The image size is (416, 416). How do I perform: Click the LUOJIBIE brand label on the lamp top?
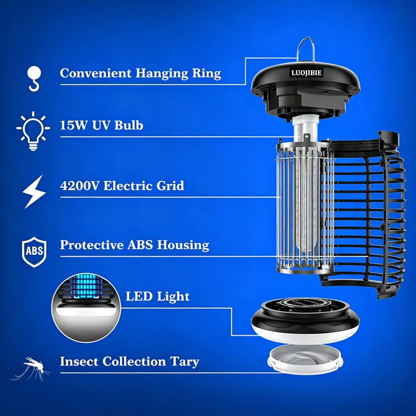pos(306,73)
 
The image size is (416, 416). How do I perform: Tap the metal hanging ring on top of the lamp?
pos(298,50)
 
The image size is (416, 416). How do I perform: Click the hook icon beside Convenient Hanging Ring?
pos(34,79)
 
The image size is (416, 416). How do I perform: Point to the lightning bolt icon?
pos(34,192)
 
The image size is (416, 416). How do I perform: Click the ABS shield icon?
pos(34,252)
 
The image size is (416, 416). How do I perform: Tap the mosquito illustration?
pos(30,368)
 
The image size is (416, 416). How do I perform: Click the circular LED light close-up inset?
pos(86,308)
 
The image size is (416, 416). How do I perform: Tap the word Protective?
pos(91,245)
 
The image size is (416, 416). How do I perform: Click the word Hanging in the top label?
pos(162,74)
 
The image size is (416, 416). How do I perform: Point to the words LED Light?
pos(158,297)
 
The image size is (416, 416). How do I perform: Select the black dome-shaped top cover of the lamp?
pos(305,90)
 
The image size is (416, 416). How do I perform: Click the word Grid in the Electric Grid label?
pos(170,186)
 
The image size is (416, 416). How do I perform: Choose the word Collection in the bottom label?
pos(134,362)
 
